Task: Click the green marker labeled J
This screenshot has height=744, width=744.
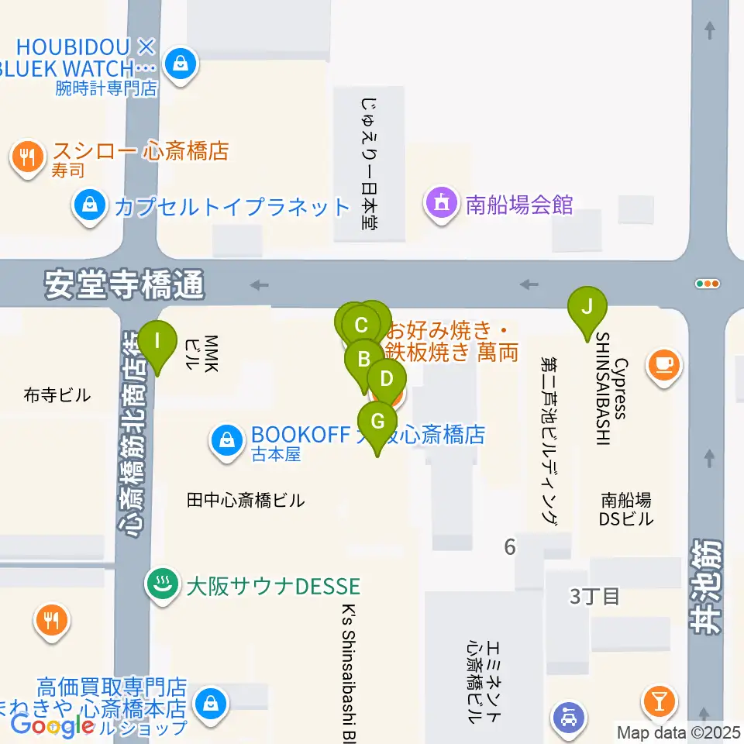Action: (x=587, y=308)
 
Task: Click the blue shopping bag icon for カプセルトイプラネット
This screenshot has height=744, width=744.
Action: (x=91, y=206)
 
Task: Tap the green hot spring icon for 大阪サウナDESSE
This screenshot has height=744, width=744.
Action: (x=161, y=584)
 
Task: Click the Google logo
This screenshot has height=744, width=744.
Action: (x=53, y=725)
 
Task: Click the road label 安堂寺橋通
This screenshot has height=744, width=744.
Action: (x=124, y=285)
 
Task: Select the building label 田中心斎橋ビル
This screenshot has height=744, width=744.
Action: (x=246, y=501)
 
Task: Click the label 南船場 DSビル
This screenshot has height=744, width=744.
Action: (x=627, y=509)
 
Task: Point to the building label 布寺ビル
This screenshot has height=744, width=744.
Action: (x=57, y=395)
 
